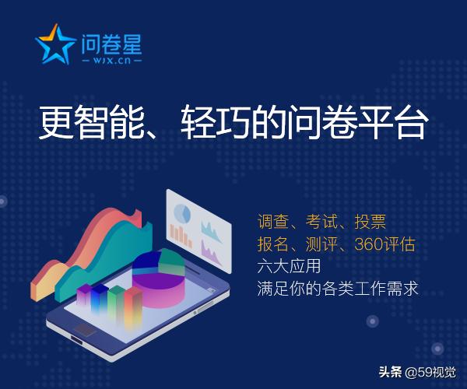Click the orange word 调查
[273, 222]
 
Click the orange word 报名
[273, 244]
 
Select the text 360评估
[384, 244]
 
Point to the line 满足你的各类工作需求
[338, 288]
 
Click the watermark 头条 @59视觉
[417, 370]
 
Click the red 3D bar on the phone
[133, 304]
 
